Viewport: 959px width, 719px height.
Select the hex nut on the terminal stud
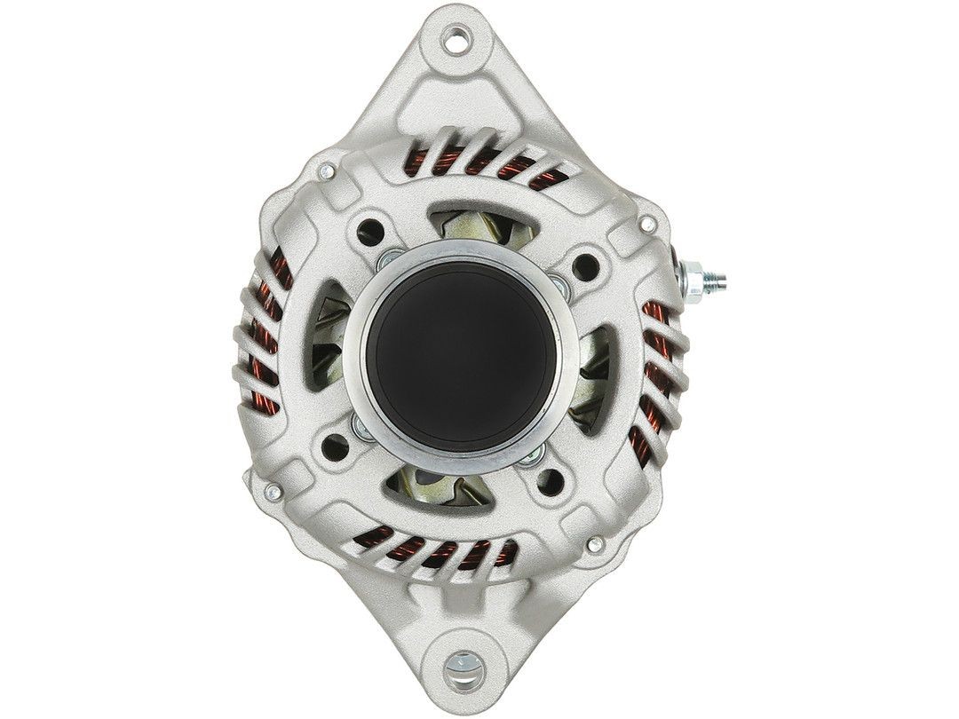(693, 274)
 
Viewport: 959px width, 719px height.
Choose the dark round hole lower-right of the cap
(550, 482)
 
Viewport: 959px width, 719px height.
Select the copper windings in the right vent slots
(661, 373)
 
